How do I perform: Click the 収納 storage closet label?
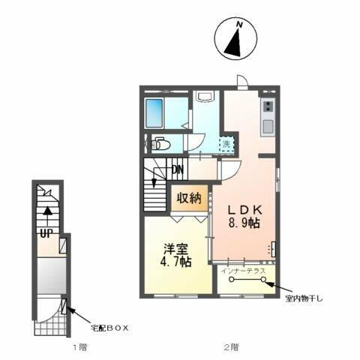(x=188, y=199)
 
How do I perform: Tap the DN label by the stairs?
(x=177, y=169)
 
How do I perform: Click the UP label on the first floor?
(x=46, y=232)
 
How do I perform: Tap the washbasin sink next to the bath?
(x=204, y=97)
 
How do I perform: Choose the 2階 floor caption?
(x=232, y=347)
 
